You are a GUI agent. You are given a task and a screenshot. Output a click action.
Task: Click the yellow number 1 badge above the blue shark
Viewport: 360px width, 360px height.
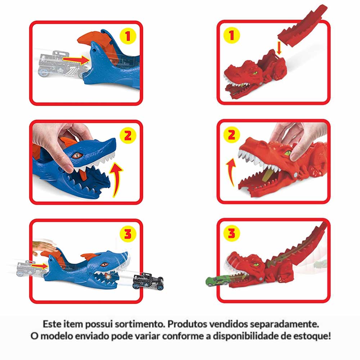tap(128, 36)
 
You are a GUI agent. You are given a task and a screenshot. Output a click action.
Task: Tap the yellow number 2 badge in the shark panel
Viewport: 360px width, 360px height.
tap(128, 135)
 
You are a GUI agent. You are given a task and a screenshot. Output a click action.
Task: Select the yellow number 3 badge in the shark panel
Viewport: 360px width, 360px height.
tap(128, 234)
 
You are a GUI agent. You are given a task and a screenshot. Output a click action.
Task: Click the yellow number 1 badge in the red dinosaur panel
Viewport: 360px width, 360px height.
tap(231, 35)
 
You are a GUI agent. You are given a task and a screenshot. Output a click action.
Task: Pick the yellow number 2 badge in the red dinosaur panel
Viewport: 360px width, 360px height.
tap(231, 135)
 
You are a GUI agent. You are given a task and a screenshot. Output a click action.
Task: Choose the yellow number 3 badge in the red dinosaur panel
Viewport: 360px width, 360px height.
tap(231, 233)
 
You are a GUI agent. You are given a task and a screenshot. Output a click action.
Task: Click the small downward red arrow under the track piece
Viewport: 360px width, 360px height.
tap(279, 48)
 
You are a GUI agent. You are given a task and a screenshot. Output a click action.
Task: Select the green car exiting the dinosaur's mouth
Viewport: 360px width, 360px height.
tap(217, 281)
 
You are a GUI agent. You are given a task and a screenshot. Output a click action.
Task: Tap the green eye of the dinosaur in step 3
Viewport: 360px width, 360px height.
tap(255, 265)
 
